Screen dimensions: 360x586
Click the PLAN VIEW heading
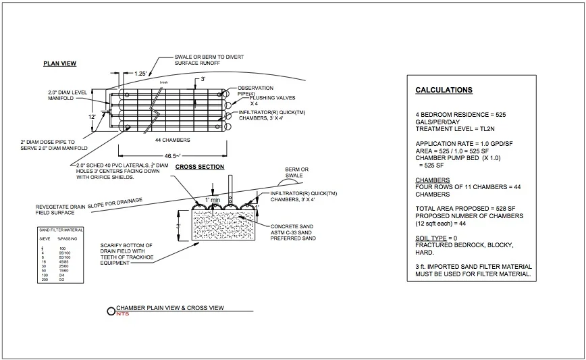tap(59, 63)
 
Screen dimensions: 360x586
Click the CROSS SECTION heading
tap(200, 167)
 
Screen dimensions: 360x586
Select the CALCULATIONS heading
tap(444, 90)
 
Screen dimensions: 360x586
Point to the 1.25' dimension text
tap(140, 73)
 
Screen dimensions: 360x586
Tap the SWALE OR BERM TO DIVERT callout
tap(209, 57)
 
